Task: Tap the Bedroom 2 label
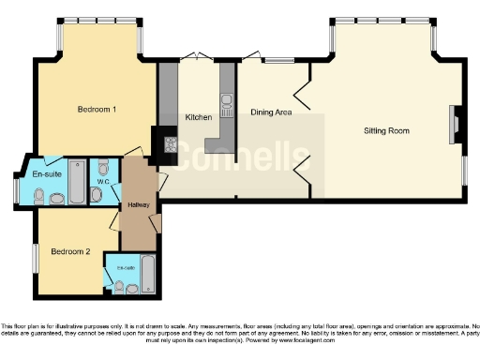pos(70,251)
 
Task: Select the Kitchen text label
pos(199,117)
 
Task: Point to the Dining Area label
pos(271,112)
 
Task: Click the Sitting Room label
pos(386,131)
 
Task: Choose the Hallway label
pos(139,205)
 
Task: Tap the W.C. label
pos(103,182)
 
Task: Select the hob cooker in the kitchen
pos(171,144)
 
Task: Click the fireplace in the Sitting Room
pos(455,124)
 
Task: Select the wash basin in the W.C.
pos(103,165)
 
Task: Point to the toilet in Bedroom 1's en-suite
pos(38,196)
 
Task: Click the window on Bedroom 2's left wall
pos(37,258)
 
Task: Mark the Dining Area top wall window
pos(278,60)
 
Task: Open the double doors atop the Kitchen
pos(198,55)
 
